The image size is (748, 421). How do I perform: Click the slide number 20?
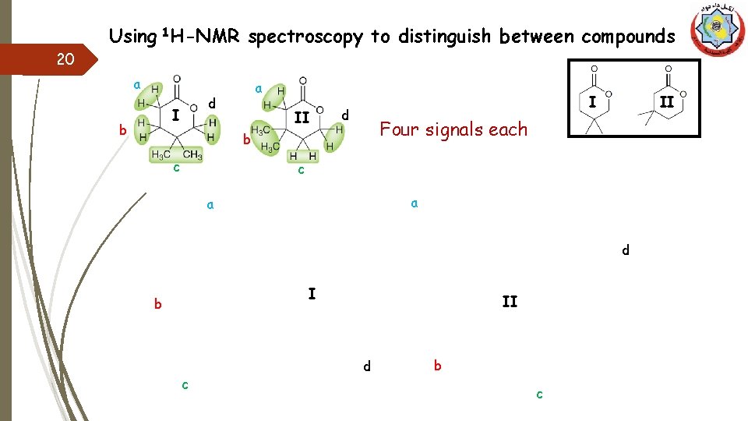[66, 59]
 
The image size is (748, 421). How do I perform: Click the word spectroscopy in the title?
[305, 36]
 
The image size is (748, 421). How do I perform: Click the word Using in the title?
[132, 36]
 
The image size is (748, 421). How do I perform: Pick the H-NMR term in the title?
[204, 36]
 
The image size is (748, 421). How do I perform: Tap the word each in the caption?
[510, 129]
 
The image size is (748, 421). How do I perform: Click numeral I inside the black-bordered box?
[593, 102]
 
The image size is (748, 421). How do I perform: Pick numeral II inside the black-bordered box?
[666, 102]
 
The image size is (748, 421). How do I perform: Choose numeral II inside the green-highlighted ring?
[302, 118]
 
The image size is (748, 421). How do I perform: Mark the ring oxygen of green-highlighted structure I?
[193, 107]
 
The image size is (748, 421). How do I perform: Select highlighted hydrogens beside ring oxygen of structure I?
[211, 129]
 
